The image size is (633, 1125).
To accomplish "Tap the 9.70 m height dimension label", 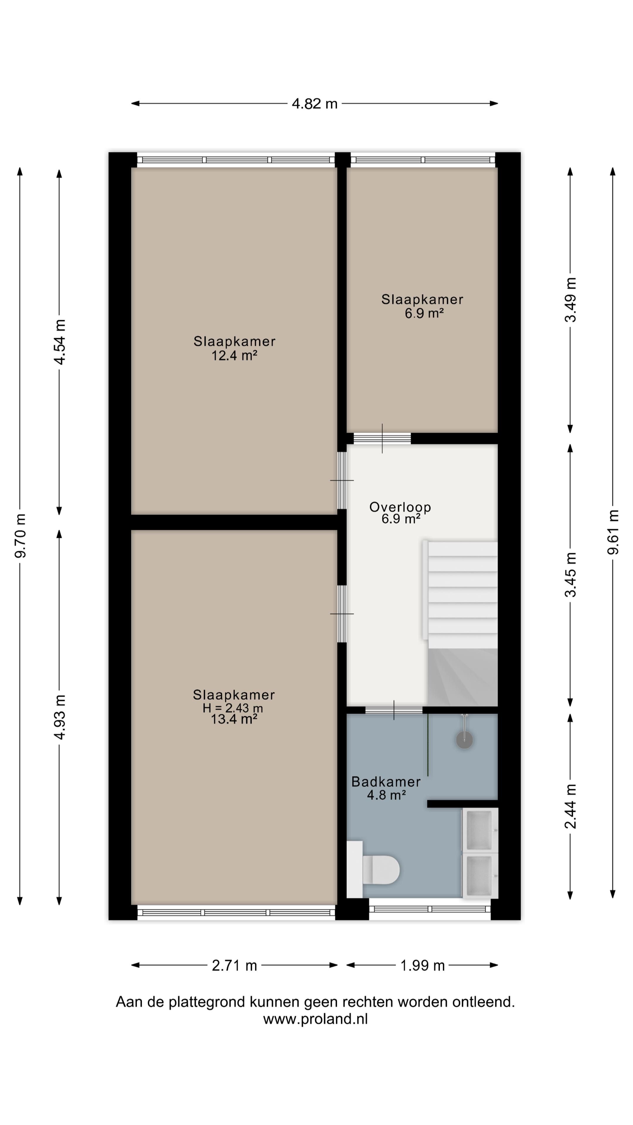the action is point(21,536).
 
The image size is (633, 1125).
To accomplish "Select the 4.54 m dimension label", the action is point(59,342).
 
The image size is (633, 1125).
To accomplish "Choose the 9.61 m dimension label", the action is point(613,532).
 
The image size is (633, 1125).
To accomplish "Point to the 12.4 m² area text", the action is point(234,355).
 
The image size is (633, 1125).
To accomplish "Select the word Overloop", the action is point(400,507).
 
